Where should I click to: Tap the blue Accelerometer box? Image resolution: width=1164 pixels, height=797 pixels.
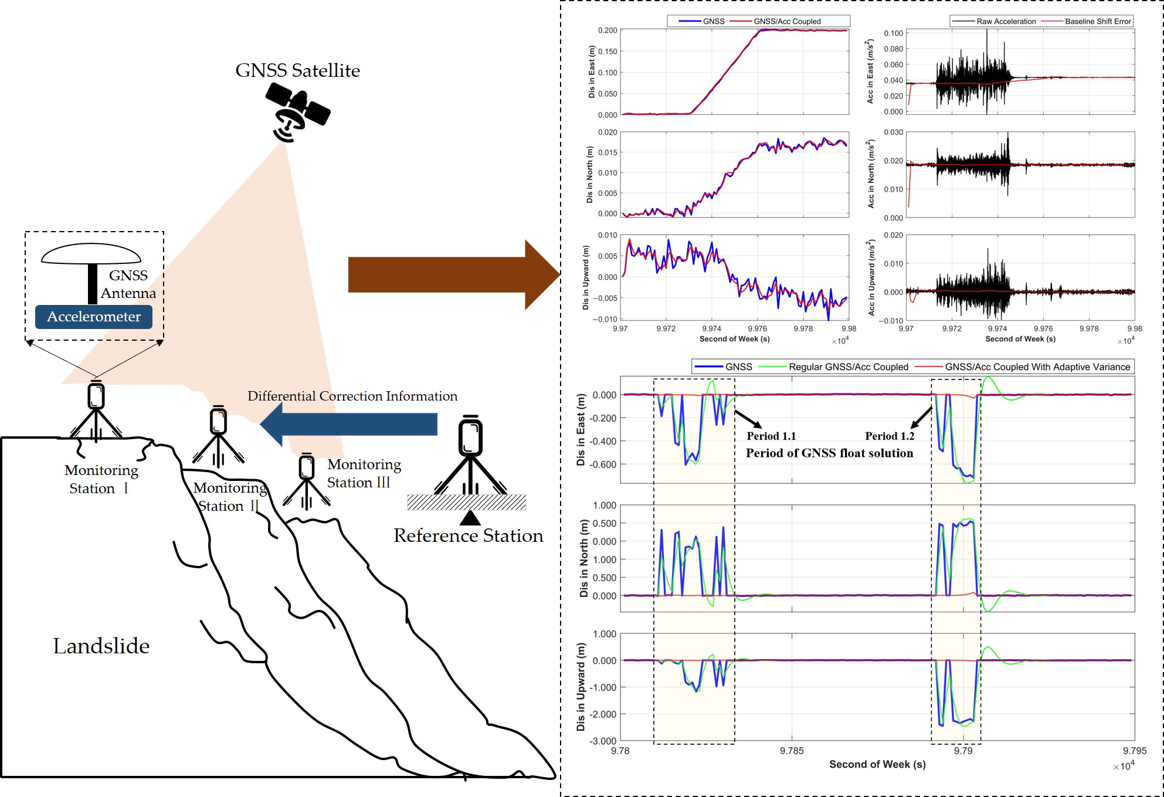[94, 317]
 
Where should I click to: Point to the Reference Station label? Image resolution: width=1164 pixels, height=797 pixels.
[468, 535]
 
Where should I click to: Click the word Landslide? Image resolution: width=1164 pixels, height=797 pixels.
[101, 646]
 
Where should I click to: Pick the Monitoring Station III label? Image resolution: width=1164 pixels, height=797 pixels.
[364, 473]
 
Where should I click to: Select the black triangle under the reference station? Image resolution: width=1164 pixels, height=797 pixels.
[470, 518]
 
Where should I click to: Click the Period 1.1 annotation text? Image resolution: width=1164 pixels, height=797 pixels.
[771, 436]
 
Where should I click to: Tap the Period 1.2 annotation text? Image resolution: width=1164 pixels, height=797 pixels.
[890, 436]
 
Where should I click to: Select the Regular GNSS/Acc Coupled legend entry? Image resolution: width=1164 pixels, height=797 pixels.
[848, 367]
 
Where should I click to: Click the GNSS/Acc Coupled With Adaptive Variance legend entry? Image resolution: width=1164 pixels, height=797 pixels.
[1037, 367]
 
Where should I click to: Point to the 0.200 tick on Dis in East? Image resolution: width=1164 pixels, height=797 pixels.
[608, 30]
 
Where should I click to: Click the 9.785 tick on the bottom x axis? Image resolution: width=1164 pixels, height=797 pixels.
[792, 751]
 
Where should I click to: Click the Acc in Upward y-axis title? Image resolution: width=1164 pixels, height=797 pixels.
[872, 277]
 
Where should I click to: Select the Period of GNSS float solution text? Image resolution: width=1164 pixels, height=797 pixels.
[829, 453]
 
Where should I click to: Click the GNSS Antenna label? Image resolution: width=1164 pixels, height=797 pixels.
[128, 284]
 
